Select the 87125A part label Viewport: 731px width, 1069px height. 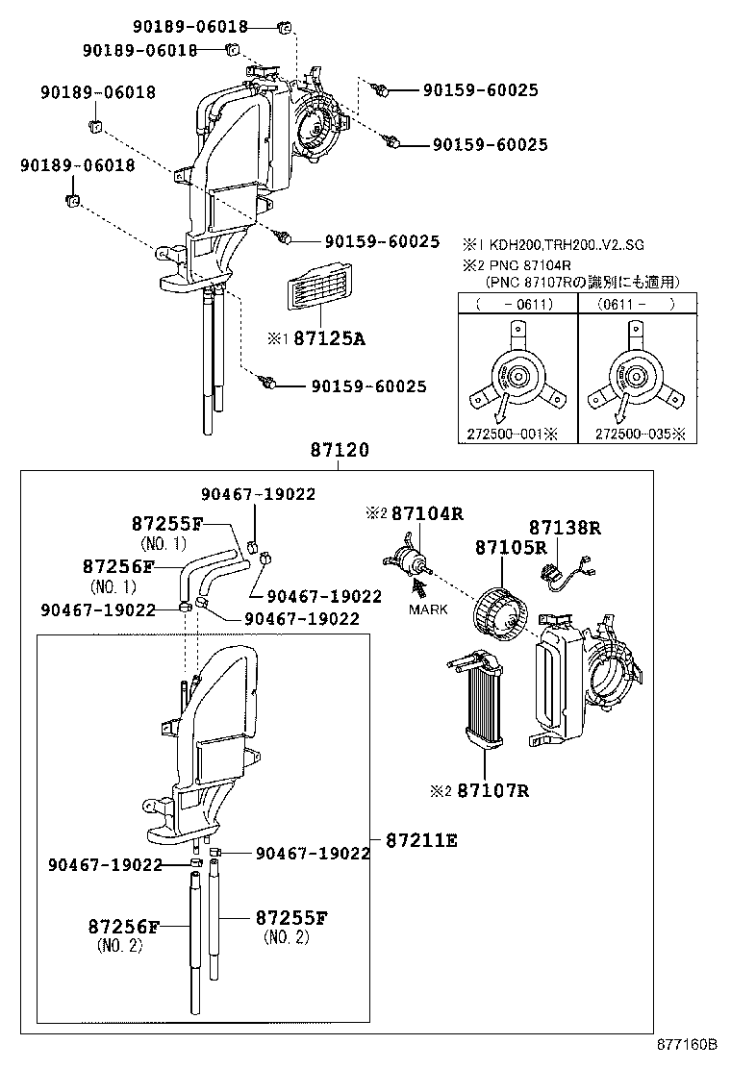coord(329,338)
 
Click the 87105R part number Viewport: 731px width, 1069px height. coord(510,548)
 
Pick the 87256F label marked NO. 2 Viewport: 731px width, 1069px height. coord(122,927)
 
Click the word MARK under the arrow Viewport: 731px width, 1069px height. coord(428,609)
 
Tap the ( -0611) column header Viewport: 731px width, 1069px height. coord(517,303)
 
